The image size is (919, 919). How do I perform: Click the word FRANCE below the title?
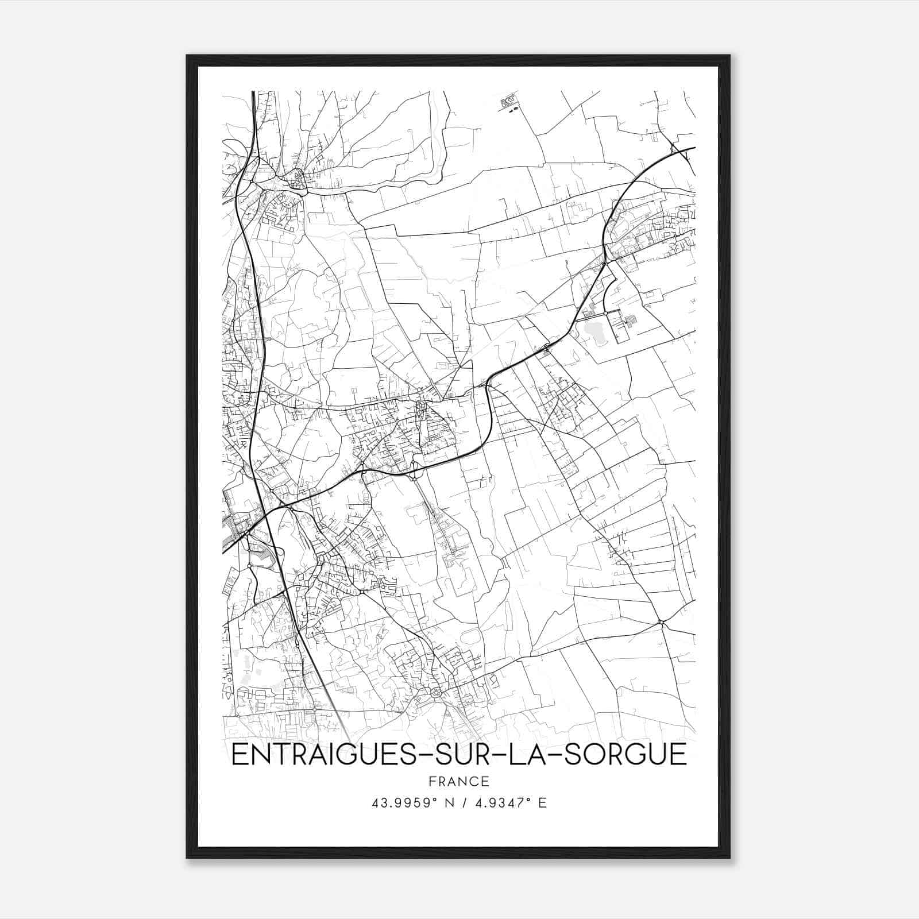click(458, 781)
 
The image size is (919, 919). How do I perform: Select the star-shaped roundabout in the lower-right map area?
click(661, 622)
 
